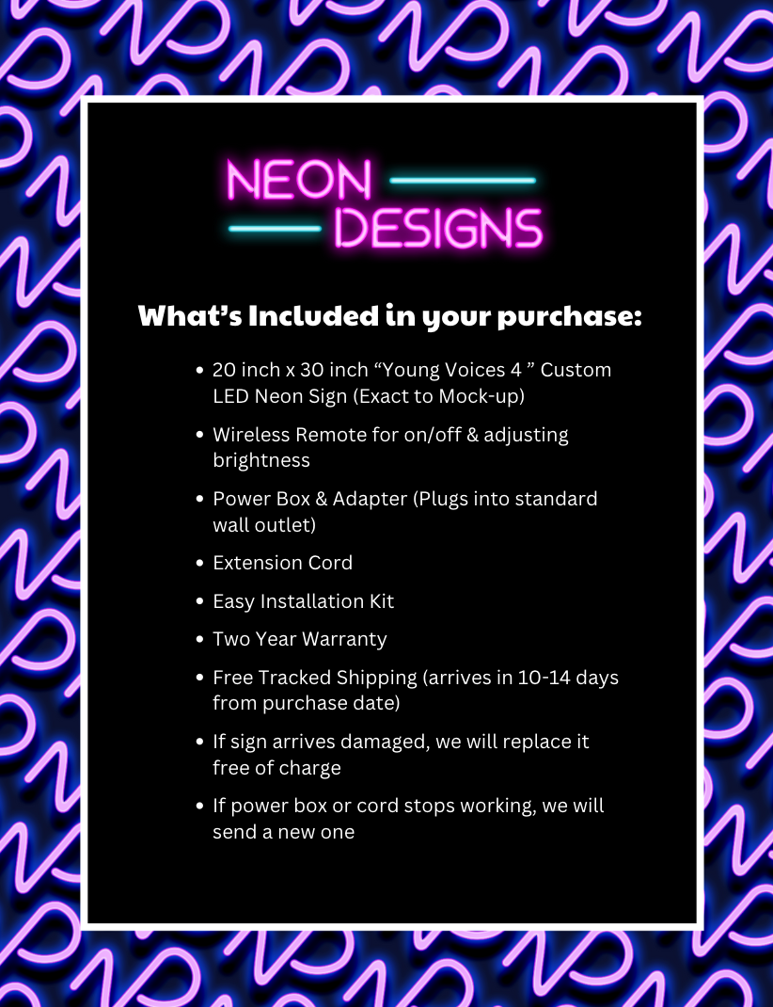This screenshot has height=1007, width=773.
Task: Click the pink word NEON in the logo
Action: (x=299, y=181)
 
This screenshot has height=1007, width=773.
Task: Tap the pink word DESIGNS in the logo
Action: (x=438, y=229)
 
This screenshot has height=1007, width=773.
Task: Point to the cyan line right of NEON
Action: (x=462, y=180)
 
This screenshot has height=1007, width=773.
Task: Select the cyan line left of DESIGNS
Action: (x=275, y=228)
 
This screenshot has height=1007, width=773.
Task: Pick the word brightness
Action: (x=260, y=460)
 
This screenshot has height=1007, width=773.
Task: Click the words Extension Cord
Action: (x=282, y=563)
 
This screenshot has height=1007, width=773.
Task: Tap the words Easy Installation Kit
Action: (x=303, y=601)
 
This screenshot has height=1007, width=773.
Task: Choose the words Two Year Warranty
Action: (x=299, y=639)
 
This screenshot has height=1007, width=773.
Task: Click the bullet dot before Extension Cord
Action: (x=199, y=564)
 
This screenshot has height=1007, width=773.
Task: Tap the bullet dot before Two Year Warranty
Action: (x=199, y=640)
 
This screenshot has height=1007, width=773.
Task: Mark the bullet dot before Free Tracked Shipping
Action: (x=199, y=679)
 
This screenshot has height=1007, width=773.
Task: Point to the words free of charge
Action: (x=276, y=768)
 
